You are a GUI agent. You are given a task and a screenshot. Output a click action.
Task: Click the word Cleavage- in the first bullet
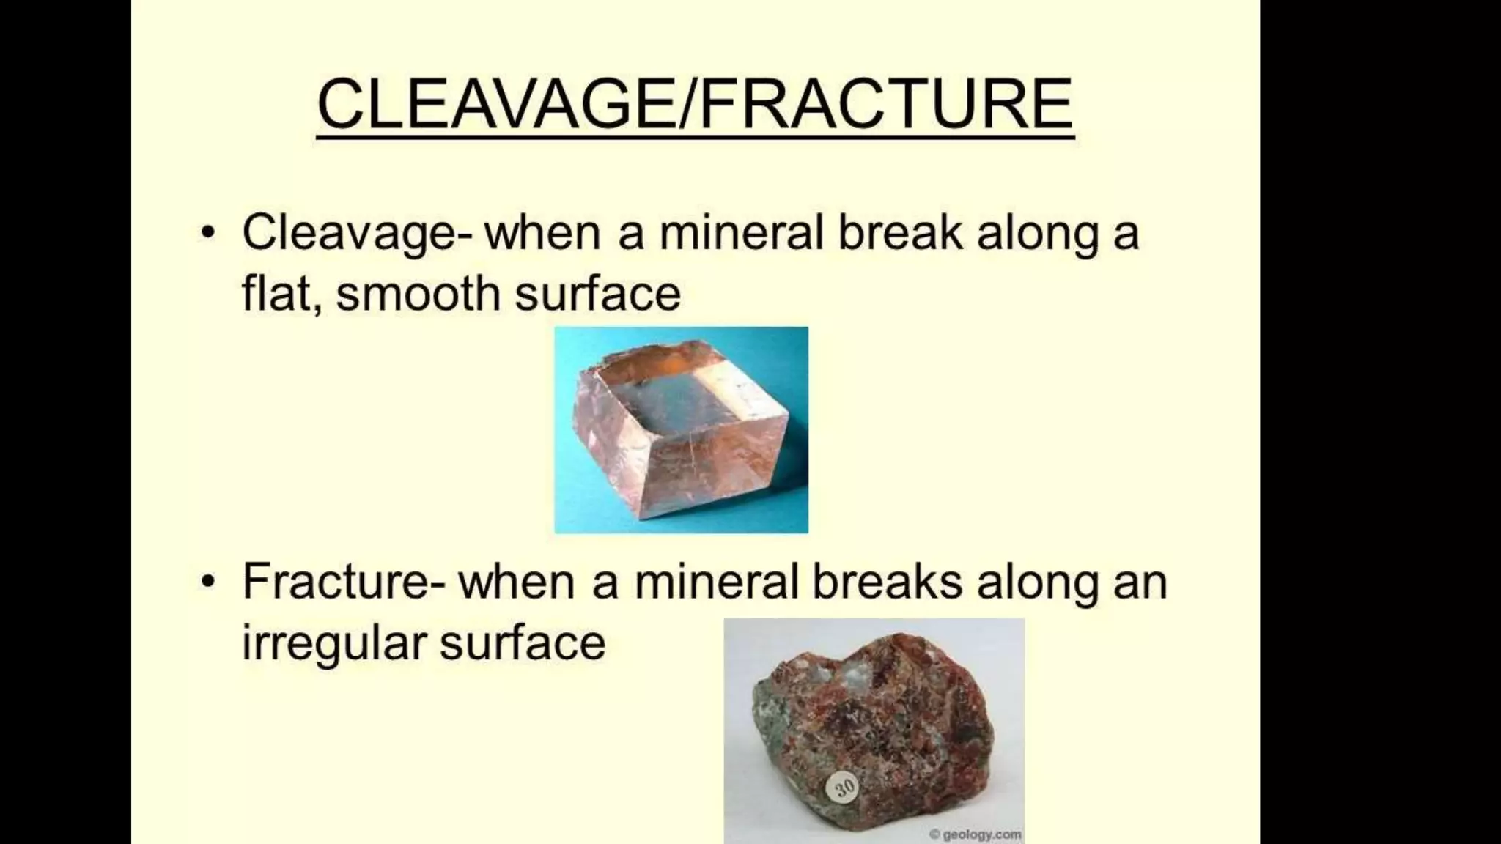[x=358, y=233]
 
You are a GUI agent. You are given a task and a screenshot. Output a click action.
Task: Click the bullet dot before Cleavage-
[x=209, y=233]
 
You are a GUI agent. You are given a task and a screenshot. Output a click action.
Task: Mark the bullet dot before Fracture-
[x=209, y=581]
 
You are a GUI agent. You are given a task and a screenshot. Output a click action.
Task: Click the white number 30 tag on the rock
[x=844, y=788]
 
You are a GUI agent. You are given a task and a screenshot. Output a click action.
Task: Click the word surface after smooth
[x=597, y=293]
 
